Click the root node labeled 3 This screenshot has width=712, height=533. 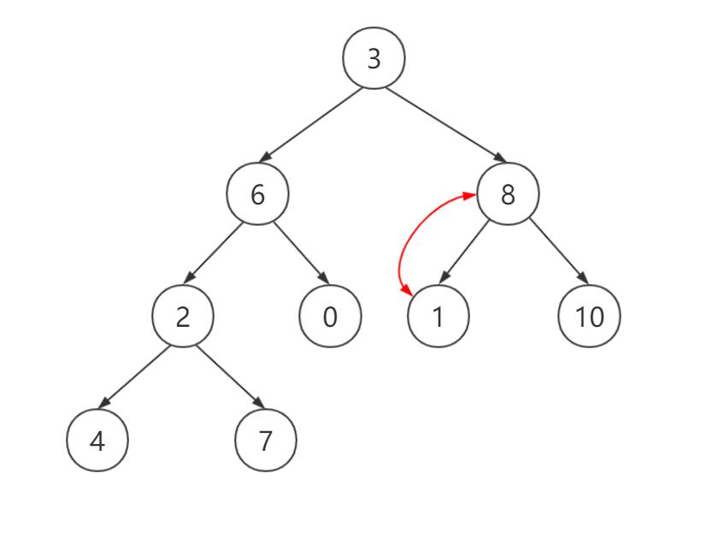[374, 58]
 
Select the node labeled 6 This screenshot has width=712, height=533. [257, 194]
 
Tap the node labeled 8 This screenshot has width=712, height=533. [508, 194]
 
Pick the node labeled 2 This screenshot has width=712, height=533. [182, 316]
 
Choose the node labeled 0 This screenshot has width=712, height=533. [330, 316]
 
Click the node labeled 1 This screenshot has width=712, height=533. [438, 316]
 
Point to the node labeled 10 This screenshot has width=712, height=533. [589, 316]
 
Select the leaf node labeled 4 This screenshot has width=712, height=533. [97, 440]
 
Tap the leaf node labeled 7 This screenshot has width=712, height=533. [265, 440]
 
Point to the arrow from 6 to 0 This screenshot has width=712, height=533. [300, 252]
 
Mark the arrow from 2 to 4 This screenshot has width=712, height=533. [135, 376]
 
